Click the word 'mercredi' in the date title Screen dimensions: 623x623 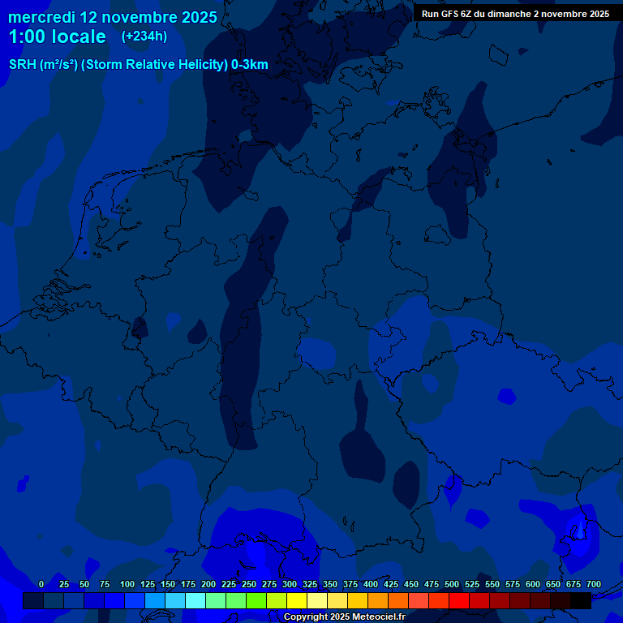coord(41,17)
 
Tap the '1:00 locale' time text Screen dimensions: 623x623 coord(57,37)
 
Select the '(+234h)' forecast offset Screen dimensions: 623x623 coord(144,37)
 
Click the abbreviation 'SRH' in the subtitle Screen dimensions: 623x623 coord(22,65)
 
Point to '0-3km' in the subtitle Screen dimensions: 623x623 coord(250,65)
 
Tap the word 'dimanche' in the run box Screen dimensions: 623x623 coord(510,14)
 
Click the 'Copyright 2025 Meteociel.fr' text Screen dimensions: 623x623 coord(344,617)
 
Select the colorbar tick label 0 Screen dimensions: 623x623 coord(41,585)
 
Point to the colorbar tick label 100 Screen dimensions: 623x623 coord(127,585)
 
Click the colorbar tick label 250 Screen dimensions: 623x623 coord(249,585)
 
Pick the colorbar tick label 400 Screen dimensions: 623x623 coord(371,585)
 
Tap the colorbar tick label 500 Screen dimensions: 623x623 coord(452,585)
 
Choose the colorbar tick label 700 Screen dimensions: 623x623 coord(594,585)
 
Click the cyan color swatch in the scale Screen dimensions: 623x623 coord(195,600)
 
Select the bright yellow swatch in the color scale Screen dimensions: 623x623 coord(297,600)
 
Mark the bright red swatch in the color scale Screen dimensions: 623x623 coord(459,600)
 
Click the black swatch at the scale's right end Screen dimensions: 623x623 coord(581,600)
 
